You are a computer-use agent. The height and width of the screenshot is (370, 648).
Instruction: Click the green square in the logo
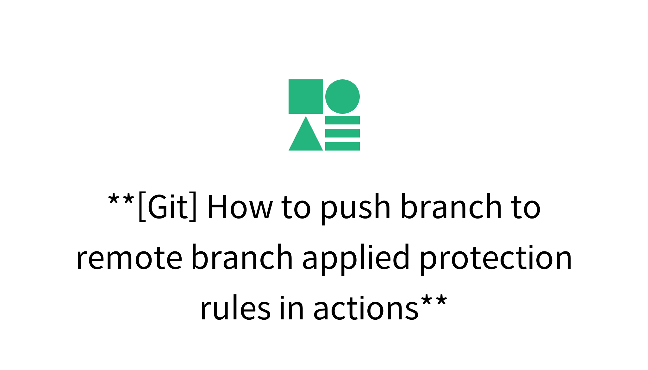306,96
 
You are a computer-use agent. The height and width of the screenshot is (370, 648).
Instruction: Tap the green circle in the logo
342,96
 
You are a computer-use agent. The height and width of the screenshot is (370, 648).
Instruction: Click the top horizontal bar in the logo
342,120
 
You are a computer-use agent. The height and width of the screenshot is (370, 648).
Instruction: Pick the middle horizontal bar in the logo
342,133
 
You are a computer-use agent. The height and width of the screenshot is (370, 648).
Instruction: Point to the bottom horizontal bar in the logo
342,146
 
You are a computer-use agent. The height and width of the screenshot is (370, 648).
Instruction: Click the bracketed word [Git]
168,207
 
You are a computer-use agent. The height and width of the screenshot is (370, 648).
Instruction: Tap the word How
240,207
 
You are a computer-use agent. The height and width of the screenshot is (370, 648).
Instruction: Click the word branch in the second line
242,258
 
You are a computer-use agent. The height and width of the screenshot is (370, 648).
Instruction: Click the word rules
235,308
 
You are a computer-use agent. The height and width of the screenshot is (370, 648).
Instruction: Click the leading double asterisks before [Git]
121,200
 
